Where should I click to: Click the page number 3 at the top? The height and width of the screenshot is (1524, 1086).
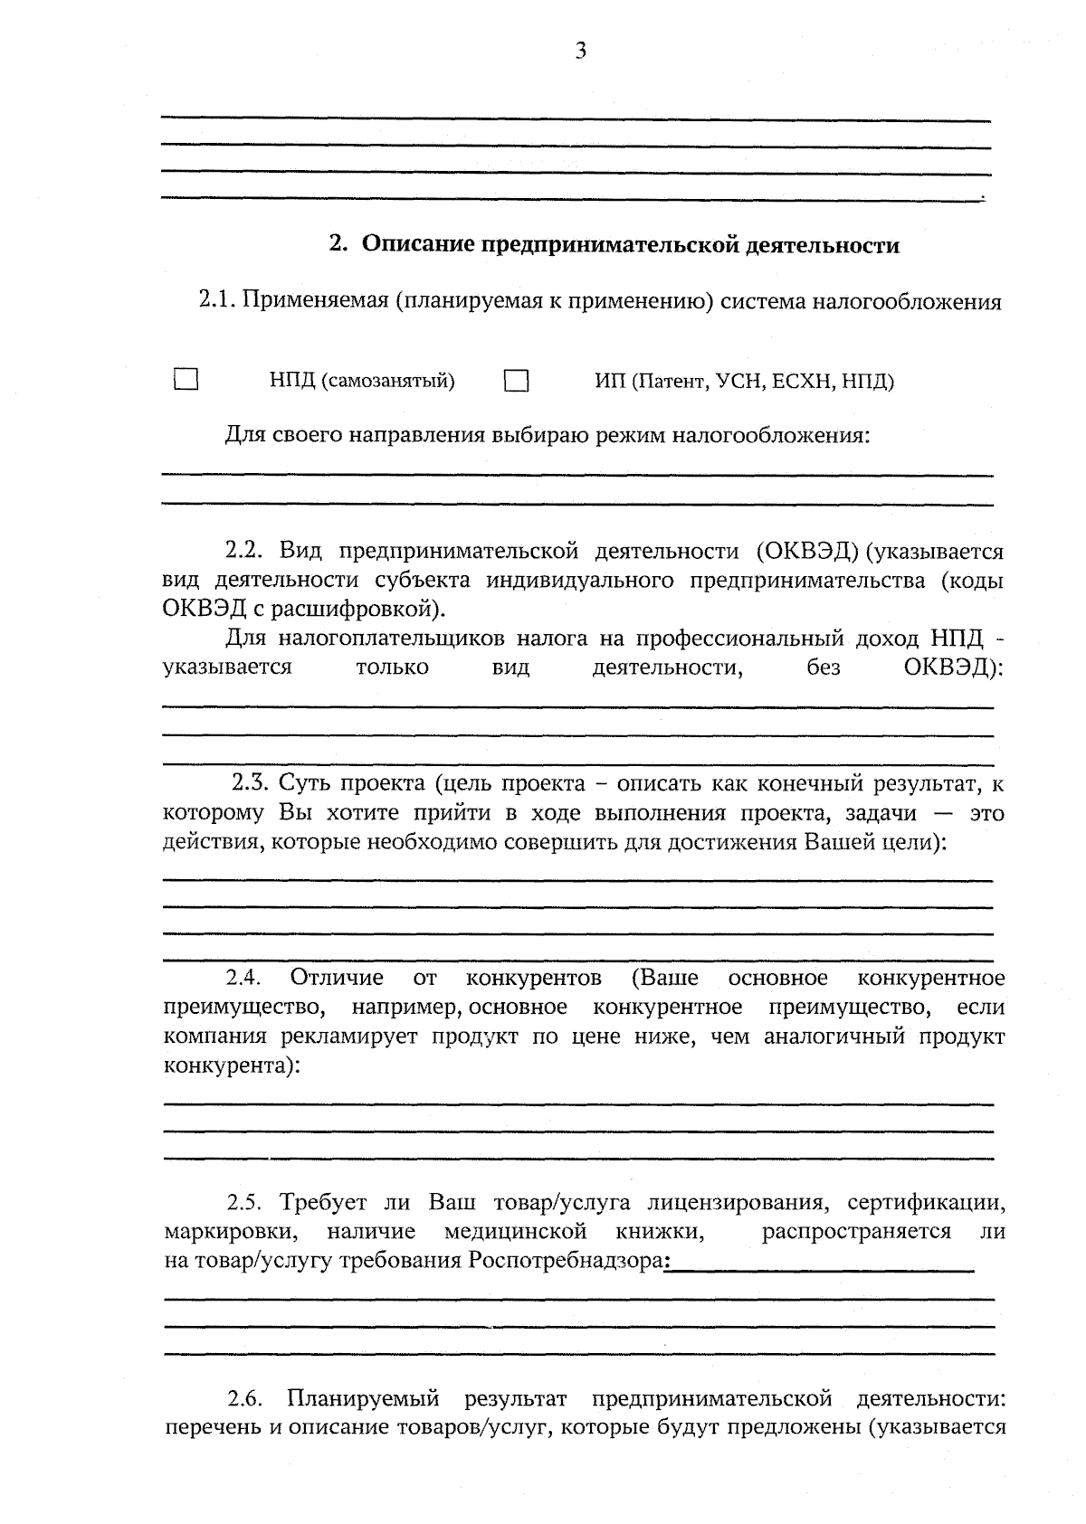(581, 52)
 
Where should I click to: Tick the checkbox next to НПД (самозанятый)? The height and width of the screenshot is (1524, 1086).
(186, 379)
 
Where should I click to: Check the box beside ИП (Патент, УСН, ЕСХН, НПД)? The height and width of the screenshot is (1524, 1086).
(517, 381)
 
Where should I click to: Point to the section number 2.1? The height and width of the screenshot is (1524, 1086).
(217, 301)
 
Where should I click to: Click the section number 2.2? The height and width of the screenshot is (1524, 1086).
(243, 552)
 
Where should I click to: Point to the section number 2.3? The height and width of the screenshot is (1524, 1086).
(250, 782)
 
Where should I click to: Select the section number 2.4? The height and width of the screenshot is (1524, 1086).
(243, 979)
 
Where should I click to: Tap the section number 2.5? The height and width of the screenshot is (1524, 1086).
(243, 1203)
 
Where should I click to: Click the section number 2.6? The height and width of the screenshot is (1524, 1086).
(244, 1400)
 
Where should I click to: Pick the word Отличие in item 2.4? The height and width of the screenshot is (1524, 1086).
(337, 979)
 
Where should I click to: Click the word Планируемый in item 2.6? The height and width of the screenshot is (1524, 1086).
(363, 1400)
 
